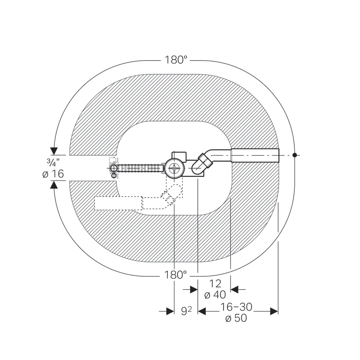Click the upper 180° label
pos(176,60)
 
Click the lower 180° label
pos(175,274)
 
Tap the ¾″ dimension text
pos(53,162)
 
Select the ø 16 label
pos(53,174)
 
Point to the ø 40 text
pos(215,295)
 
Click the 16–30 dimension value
pos(236,307)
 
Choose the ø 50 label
pos(236,318)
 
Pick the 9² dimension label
pos(186,311)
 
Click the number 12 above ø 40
pos(215,283)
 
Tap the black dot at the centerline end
pos(295,155)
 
